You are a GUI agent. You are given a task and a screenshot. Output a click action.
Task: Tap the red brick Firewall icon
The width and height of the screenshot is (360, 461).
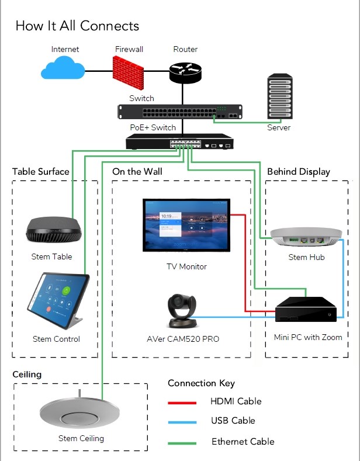coord(129,70)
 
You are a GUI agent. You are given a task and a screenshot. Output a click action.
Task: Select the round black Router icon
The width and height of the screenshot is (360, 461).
coord(185,71)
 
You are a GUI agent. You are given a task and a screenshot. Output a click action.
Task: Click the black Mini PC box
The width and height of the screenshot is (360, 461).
coord(307,310)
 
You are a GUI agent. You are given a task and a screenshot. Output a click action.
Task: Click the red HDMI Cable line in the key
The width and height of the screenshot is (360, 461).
coord(182,403)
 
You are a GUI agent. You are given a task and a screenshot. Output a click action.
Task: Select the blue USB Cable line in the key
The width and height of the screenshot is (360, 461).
coord(182,422)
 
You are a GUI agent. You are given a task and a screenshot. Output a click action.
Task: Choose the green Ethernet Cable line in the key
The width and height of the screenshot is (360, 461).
coord(182,442)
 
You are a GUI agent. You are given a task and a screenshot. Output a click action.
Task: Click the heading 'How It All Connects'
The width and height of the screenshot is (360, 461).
coord(77,26)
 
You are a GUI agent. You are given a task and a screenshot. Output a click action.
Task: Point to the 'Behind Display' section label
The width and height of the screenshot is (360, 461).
coord(298,172)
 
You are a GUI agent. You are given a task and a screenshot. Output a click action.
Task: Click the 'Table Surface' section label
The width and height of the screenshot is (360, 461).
coord(41,172)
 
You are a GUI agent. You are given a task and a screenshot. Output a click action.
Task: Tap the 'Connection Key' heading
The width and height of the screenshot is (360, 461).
coord(201,383)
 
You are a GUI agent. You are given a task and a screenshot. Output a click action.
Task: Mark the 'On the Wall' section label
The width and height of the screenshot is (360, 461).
coord(137,172)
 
